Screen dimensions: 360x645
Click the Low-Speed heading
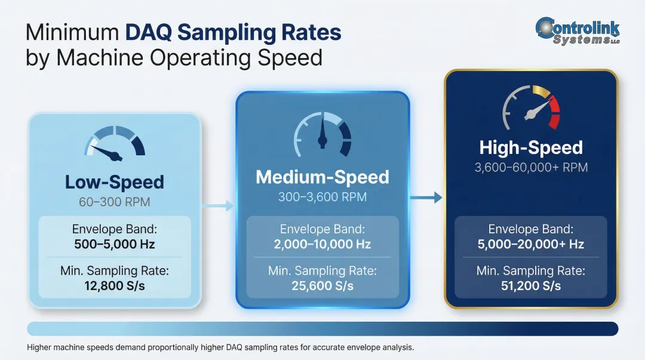coord(114,181)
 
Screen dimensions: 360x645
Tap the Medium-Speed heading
coord(322,177)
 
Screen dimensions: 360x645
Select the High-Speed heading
coord(530,147)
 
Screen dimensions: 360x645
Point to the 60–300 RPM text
coord(114,202)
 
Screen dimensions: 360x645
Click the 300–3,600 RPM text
coord(322,196)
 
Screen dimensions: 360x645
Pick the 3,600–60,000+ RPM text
coord(530,167)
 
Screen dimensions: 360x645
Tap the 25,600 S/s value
coord(322,285)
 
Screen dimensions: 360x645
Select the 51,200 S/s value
coord(531,285)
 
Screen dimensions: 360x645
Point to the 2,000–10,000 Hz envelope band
coord(322,244)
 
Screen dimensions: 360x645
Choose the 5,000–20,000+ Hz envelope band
coord(531,244)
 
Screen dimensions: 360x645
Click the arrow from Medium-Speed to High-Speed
coord(426,198)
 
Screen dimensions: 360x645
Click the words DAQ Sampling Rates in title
coord(233,32)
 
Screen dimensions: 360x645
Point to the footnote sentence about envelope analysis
coord(220,347)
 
